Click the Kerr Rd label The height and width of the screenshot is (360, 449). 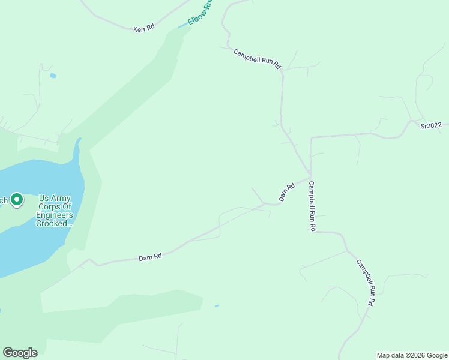pos(144,28)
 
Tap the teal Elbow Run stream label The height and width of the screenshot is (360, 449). pos(200,12)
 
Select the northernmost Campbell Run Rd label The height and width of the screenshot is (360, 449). pos(258,59)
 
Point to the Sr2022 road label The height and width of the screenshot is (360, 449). pos(430,125)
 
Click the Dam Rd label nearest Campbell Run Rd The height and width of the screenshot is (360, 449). pos(287,192)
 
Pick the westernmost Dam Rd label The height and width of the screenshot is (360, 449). pos(150,257)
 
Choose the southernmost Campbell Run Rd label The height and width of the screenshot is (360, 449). pos(365,283)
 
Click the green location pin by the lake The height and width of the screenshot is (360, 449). pos(17,199)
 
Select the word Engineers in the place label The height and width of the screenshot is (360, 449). pos(54,215)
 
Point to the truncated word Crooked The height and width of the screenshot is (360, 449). pos(53,223)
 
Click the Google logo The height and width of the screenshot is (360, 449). pos(20,352)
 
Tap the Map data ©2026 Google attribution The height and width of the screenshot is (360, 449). pos(412,355)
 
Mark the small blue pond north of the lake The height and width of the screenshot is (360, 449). pos(53,76)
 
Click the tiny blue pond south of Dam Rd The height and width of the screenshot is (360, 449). pos(217,306)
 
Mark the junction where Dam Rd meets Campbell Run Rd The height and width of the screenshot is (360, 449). pos(310,176)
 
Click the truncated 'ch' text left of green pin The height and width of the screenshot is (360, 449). pos(4,200)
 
